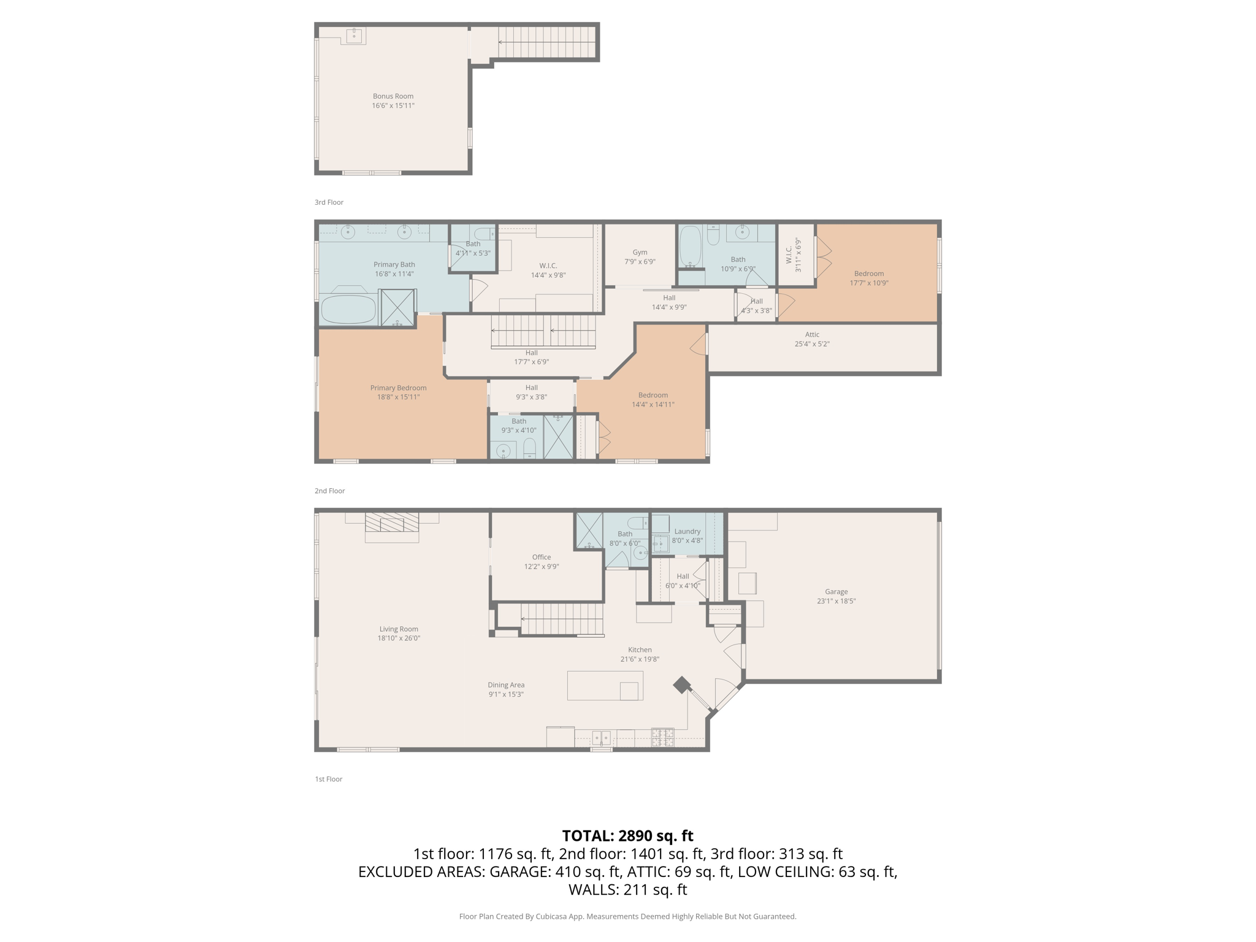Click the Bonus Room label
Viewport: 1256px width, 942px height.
[393, 96]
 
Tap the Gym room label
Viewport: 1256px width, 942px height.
[640, 252]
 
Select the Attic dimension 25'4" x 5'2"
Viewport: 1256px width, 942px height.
[812, 344]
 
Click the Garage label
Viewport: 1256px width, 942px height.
[836, 592]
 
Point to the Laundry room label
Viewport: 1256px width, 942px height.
[687, 532]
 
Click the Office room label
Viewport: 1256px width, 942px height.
[541, 557]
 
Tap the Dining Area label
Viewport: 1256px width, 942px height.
[506, 685]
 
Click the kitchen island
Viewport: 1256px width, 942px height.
[605, 686]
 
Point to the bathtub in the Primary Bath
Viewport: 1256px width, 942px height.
[348, 310]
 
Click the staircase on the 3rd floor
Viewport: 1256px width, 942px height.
[546, 42]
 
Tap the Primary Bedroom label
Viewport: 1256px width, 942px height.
[398, 388]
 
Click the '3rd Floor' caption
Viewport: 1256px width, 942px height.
[329, 202]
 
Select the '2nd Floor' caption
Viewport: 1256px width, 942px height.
[329, 491]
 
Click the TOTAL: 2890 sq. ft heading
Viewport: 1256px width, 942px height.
[627, 836]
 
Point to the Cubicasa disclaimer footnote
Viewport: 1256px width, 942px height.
[627, 916]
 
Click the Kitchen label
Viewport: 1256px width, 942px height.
[640, 650]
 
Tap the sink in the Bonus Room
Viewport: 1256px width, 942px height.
[354, 36]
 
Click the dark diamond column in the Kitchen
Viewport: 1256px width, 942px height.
[681, 685]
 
